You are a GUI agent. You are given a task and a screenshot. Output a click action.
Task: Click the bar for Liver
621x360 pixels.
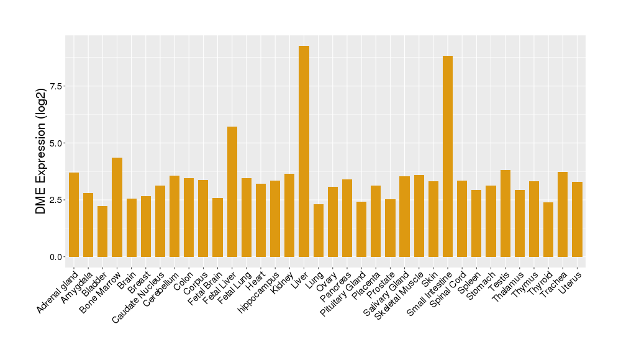point(304,151)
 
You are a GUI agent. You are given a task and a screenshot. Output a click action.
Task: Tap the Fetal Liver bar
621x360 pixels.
point(232,192)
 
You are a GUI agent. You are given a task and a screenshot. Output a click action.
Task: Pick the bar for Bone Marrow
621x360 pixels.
point(117,207)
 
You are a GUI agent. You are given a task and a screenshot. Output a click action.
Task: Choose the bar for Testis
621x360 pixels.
point(505,214)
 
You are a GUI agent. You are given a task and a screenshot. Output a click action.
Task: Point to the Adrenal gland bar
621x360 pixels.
point(74,215)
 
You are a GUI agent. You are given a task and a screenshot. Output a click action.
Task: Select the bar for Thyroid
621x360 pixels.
point(548,230)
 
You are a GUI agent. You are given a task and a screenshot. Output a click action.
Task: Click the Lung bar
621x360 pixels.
point(319,230)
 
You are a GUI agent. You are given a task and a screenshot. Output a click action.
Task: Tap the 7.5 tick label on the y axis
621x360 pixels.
point(55,86)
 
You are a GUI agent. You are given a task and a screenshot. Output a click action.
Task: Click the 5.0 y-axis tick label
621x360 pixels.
point(55,143)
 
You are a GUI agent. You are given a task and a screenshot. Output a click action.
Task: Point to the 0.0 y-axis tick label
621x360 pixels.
point(55,257)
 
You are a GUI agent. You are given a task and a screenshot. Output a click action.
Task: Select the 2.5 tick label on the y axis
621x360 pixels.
point(55,200)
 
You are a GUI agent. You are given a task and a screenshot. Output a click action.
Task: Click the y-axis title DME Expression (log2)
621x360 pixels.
point(41,151)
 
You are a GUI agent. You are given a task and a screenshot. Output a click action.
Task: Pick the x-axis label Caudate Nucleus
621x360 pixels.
point(138,296)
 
